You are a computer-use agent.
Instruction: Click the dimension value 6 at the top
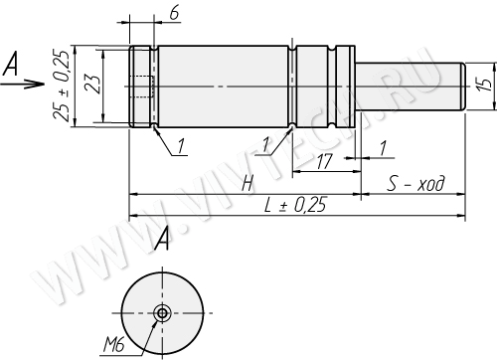(x=174, y=13)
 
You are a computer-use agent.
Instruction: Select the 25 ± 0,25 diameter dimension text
(x=62, y=86)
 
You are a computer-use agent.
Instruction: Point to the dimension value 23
(x=91, y=85)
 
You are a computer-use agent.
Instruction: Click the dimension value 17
(x=324, y=162)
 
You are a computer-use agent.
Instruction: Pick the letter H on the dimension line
(x=248, y=184)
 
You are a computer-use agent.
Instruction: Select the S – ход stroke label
(x=415, y=183)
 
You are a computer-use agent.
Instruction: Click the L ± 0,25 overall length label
(x=295, y=205)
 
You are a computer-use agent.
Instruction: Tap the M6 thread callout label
(x=113, y=345)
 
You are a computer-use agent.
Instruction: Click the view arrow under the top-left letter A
(x=23, y=85)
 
